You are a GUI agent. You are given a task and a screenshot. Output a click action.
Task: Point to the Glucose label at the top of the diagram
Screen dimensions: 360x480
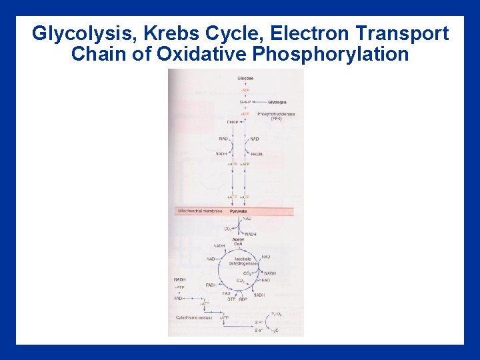point(245,79)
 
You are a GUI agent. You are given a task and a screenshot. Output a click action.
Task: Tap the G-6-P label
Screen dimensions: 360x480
point(245,102)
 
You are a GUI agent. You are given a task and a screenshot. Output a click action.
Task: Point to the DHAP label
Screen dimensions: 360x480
point(232,122)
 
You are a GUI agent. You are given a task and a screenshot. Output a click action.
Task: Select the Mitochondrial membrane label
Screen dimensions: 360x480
point(199,211)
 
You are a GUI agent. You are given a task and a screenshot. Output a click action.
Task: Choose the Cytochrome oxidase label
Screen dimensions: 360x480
point(195,317)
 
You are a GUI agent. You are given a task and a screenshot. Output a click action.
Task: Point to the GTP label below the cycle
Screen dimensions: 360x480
point(231,299)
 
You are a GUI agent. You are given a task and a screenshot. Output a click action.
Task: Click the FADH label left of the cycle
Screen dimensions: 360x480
point(211,285)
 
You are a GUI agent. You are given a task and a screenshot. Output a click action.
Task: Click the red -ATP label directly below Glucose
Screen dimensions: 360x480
point(245,90)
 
